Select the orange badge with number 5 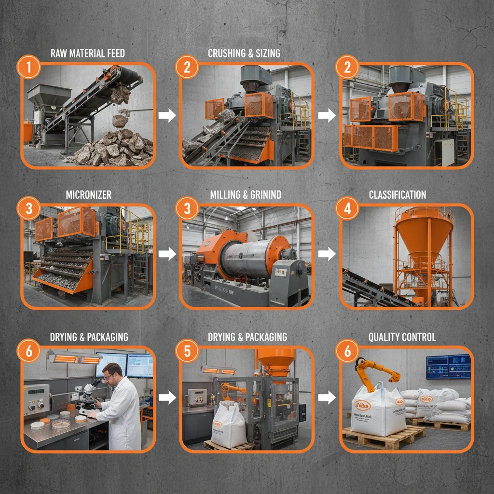pos(188,351)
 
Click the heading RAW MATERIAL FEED pos(87,53)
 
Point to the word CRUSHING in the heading pos(226,53)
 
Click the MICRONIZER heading pos(88,195)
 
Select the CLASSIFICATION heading pos(397,195)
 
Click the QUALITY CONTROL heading pos(401,337)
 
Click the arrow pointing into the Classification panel pos(327,254)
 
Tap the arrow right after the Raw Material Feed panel pos(167,116)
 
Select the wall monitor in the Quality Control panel pos(448,366)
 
